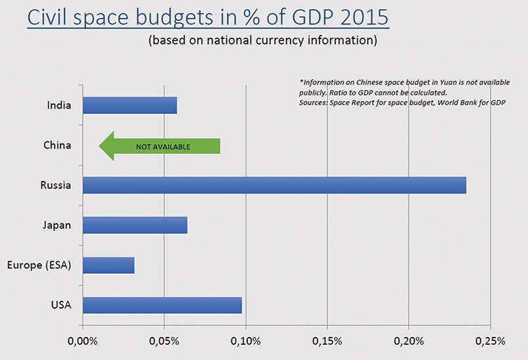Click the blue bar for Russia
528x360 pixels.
click(x=274, y=186)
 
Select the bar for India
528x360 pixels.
click(x=130, y=105)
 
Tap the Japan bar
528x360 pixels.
click(x=135, y=225)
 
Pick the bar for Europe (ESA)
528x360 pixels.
click(x=108, y=265)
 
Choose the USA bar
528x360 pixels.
click(x=162, y=305)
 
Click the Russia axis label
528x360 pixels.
click(x=55, y=186)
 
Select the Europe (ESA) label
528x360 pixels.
click(x=39, y=265)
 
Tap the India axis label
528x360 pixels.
click(x=59, y=105)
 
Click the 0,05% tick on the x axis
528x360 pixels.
click(x=164, y=342)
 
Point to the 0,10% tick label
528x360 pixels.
click(x=245, y=342)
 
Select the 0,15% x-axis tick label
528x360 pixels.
click(x=327, y=342)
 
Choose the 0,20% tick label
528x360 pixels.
click(x=408, y=342)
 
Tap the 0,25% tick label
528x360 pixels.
click(x=490, y=342)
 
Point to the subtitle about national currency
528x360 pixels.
click(x=262, y=41)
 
